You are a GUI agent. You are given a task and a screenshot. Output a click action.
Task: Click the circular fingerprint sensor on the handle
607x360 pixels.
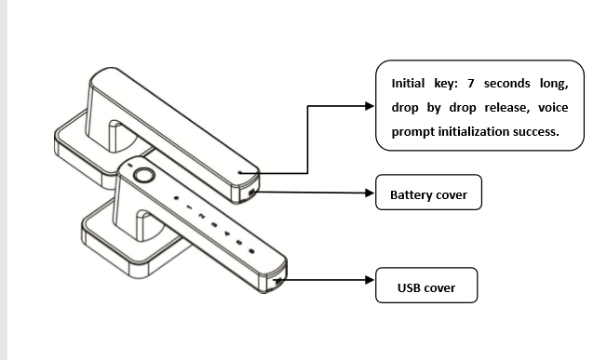(x=144, y=176)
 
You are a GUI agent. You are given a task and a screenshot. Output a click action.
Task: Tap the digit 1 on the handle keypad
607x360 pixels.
(x=189, y=207)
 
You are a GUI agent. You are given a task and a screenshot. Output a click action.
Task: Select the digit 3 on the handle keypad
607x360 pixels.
(x=214, y=224)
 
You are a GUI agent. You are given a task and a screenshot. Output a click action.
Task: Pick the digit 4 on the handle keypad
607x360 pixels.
(x=227, y=233)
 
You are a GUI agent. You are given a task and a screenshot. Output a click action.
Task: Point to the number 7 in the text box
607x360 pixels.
(x=471, y=83)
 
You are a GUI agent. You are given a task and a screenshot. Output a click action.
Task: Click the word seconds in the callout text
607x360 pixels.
(x=506, y=84)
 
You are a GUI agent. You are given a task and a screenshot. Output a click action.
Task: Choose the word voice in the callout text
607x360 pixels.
(x=553, y=107)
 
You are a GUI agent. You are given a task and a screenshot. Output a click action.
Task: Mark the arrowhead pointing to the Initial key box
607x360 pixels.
(x=370, y=106)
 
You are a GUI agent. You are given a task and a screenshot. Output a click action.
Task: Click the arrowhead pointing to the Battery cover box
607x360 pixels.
(x=370, y=193)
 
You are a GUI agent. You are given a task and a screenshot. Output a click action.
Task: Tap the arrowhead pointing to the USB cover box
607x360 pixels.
(x=370, y=280)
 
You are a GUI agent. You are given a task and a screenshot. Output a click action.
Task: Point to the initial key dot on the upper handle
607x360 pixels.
(x=240, y=173)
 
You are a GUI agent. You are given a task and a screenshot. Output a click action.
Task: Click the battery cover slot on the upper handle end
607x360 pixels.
(x=251, y=192)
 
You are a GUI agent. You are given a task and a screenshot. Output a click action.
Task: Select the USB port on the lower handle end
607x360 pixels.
(x=277, y=281)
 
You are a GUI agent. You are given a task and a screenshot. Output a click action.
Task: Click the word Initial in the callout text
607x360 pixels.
(x=408, y=83)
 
